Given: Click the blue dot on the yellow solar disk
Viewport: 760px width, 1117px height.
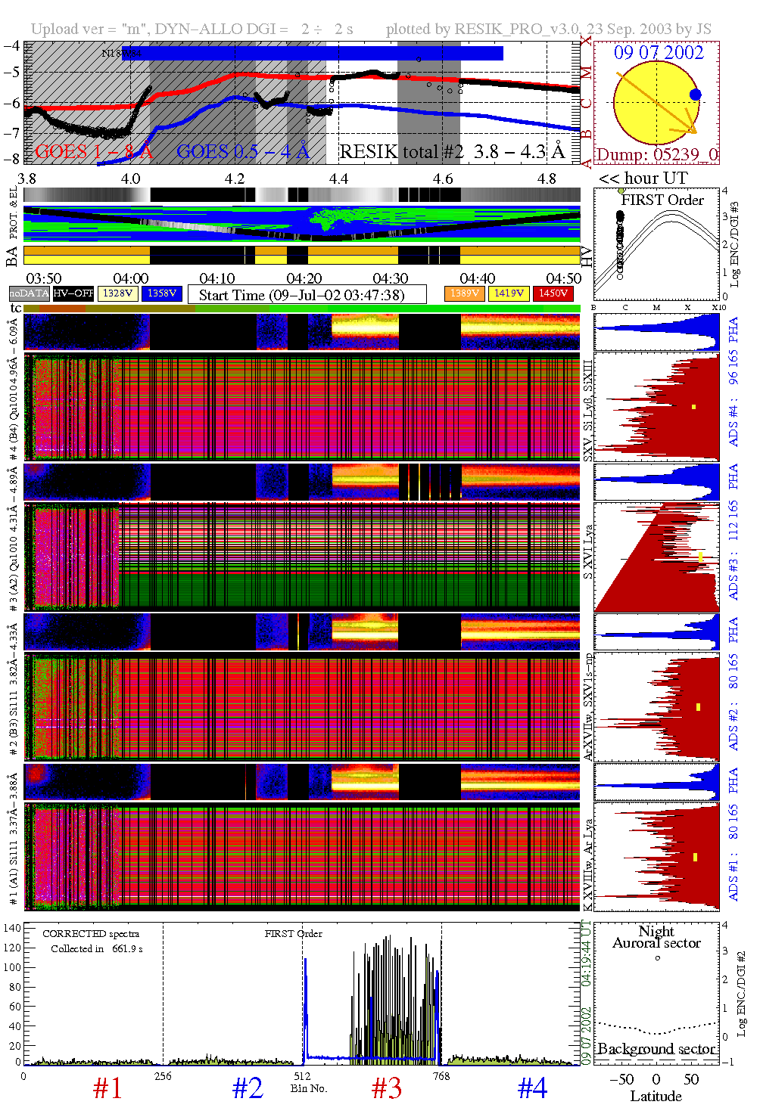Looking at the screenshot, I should tap(695, 95).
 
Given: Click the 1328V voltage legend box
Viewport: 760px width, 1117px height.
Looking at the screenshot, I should tap(117, 293).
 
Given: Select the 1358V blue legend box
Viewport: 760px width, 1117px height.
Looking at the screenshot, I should tap(162, 293).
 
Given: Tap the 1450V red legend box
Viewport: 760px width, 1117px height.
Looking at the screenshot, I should tap(553, 293).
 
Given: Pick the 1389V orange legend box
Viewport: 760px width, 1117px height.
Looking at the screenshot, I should tap(464, 293).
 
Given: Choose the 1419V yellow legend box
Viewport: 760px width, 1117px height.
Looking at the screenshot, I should tap(509, 293).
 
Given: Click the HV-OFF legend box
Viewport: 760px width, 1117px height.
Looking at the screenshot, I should tap(73, 293).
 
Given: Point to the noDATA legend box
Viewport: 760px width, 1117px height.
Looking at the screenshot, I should tap(30, 293).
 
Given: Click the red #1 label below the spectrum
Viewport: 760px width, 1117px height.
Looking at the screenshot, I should tap(107, 1089).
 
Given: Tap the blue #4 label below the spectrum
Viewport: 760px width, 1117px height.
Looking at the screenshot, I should tap(532, 1089).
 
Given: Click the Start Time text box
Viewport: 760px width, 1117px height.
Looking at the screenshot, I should tap(307, 295).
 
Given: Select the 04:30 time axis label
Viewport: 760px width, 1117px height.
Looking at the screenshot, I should tap(391, 279).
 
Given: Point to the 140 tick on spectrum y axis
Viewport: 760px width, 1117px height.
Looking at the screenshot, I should tap(12, 928).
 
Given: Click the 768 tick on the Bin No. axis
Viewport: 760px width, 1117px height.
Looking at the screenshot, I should tap(441, 1076).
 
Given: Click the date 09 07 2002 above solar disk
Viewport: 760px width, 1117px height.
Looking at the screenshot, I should tap(659, 53).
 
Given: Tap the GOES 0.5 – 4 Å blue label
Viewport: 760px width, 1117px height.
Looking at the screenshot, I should tap(243, 152).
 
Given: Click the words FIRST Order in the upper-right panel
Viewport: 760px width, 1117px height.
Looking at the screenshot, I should tap(662, 200).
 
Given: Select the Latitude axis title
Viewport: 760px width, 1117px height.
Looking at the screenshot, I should tap(656, 1097).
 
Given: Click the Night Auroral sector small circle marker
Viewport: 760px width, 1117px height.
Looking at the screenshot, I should tap(657, 958).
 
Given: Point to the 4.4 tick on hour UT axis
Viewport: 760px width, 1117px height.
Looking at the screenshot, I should tap(338, 179).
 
